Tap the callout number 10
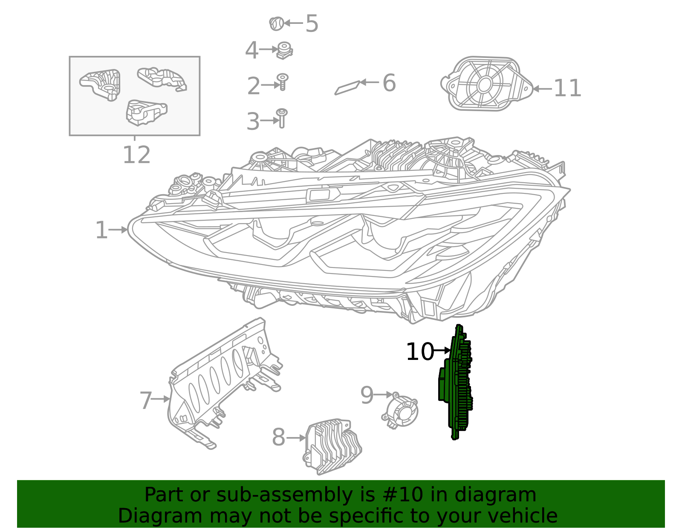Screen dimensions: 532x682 tap(419, 352)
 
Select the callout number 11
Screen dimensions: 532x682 tap(567, 89)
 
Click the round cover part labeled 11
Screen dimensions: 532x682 tap(486, 84)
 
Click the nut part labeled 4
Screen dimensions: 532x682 tap(284, 50)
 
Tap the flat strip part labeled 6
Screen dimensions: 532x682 tap(348, 87)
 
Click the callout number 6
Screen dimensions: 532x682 tap(389, 83)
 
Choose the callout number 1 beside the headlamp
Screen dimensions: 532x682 tap(101, 230)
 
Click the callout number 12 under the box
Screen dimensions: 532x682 tap(136, 155)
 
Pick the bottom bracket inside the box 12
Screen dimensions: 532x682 tap(145, 112)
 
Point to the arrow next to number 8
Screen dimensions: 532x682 tap(296, 437)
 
